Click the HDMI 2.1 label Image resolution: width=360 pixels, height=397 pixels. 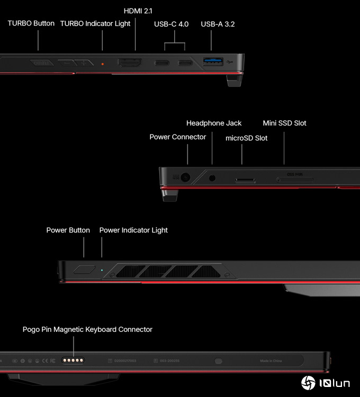pos(138,11)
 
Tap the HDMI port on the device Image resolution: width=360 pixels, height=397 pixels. pos(129,63)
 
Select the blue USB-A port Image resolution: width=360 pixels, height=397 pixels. pos(213,62)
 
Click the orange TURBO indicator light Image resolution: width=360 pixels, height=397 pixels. pos(103,64)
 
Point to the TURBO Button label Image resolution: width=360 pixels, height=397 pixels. pos(31,23)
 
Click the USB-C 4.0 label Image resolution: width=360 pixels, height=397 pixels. pos(172,24)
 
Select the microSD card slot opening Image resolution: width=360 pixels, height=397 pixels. pos(245,181)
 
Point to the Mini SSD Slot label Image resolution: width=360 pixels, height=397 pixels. pos(284,123)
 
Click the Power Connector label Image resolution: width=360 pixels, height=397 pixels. pos(177,137)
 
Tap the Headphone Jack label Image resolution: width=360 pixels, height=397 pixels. pos(214,123)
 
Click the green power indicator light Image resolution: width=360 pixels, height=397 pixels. pos(102,269)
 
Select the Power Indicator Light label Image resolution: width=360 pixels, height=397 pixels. pos(133,230)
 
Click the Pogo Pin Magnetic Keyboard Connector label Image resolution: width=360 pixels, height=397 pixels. pos(87,329)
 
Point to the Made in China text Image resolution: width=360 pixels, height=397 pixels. pos(271,361)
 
